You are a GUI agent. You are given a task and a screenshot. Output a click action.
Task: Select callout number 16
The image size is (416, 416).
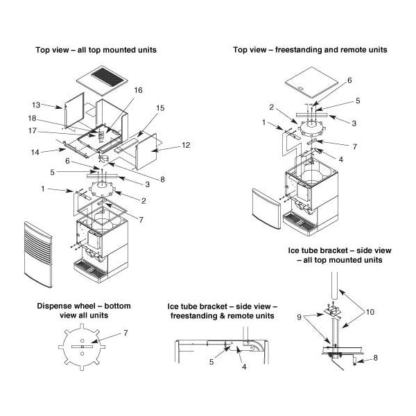(x=138, y=91)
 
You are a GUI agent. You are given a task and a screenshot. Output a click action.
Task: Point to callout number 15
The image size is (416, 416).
(x=160, y=108)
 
